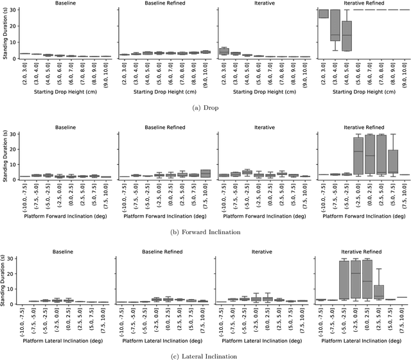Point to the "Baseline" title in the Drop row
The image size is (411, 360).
(64, 4)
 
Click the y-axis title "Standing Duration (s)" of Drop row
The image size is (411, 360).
(4, 32)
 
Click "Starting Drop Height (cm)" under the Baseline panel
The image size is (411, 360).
(64, 92)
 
